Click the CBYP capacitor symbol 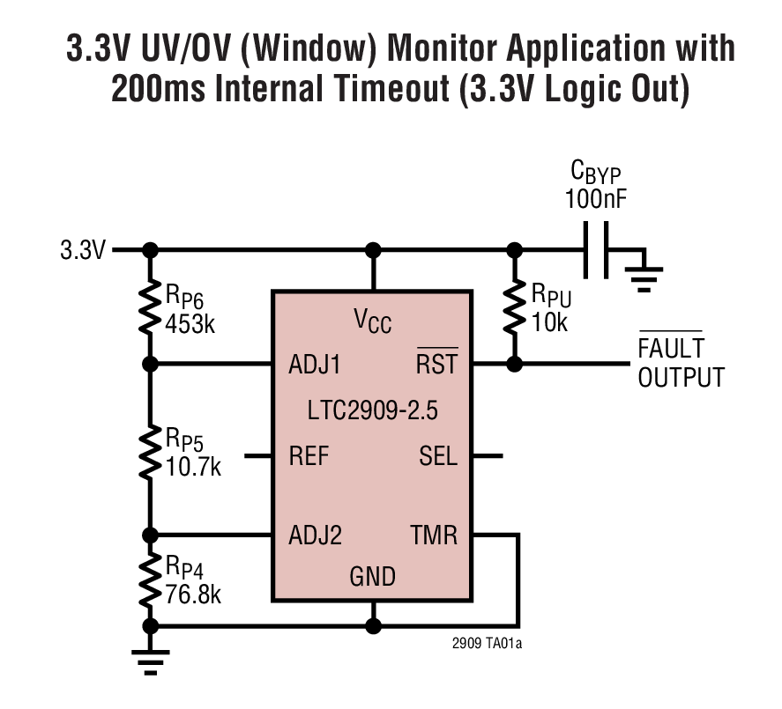pyautogui.click(x=597, y=249)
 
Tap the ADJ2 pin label pyautogui.click(x=315, y=535)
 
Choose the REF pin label pyautogui.click(x=309, y=456)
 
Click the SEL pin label pyautogui.click(x=438, y=456)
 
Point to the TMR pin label pyautogui.click(x=434, y=535)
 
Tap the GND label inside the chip pyautogui.click(x=373, y=578)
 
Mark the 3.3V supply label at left pyautogui.click(x=83, y=250)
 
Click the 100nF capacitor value pyautogui.click(x=597, y=197)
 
